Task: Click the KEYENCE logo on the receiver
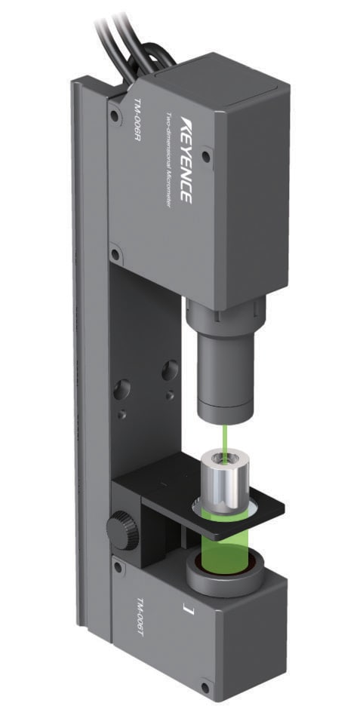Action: tap(186, 161)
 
